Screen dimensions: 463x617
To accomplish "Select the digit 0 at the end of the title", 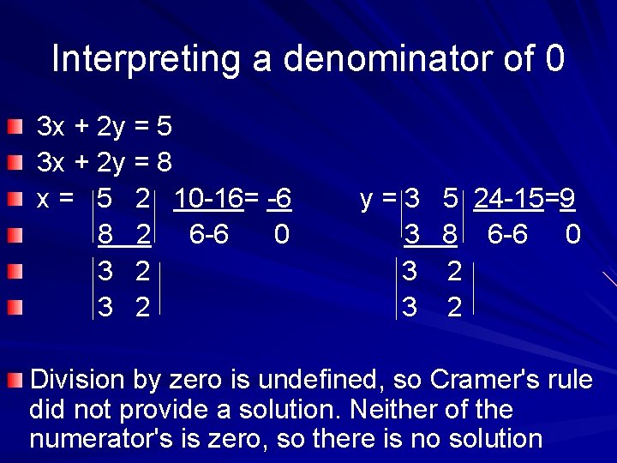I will pyautogui.click(x=554, y=59).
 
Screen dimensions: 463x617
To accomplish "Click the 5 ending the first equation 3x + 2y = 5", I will pyautogui.click(x=165, y=127).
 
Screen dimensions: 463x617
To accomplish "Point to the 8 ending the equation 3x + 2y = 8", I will pyautogui.click(x=165, y=162).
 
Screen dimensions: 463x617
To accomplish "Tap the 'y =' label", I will pyautogui.click(x=378, y=199).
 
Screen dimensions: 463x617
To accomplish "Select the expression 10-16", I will pyautogui.click(x=208, y=199).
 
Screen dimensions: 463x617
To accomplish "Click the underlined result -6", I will pyautogui.click(x=279, y=199).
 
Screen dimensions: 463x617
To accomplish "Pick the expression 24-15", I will pyautogui.click(x=509, y=199).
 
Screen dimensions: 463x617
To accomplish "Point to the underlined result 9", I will pyautogui.click(x=566, y=199).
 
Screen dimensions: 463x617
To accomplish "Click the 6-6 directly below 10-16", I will pyautogui.click(x=209, y=234).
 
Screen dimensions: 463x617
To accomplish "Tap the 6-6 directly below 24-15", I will pyautogui.click(x=507, y=234).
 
